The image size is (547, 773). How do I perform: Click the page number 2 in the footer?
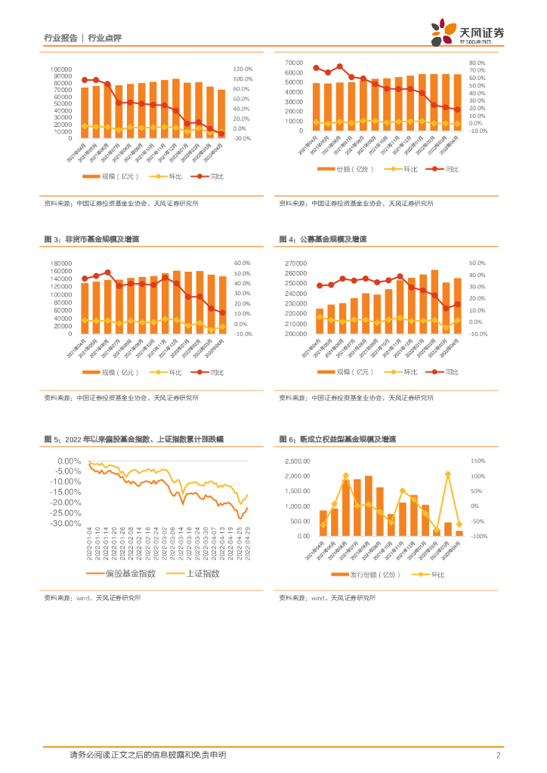499,755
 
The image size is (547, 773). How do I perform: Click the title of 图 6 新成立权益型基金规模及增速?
337,439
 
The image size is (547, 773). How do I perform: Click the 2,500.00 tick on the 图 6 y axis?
297,461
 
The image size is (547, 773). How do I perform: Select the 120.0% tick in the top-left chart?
243,69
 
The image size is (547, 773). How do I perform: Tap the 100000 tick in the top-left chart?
61,69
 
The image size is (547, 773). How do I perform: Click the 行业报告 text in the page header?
60,37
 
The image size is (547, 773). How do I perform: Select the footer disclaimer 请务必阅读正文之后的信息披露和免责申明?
147,755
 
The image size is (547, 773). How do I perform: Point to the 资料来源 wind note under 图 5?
92,597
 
